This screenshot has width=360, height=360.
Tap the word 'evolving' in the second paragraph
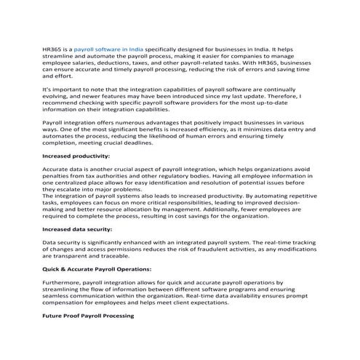click(x=57, y=95)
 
